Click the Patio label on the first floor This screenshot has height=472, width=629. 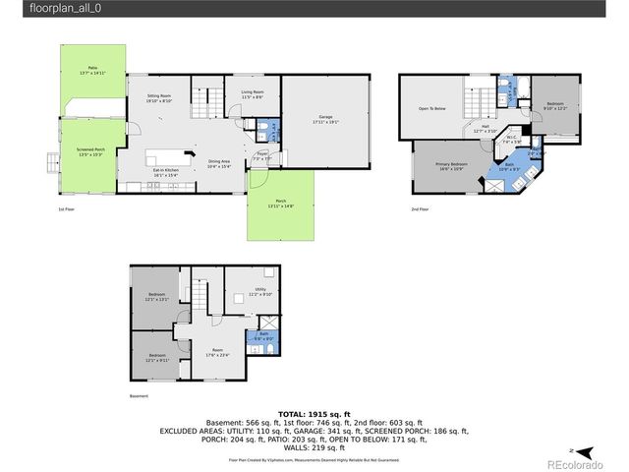tap(90, 70)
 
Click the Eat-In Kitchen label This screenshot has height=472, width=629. tap(164, 172)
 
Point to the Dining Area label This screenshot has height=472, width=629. tap(219, 164)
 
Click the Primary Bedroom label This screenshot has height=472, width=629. tap(452, 166)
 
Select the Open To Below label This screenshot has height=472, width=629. tap(432, 108)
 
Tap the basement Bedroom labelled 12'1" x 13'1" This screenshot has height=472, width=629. tap(157, 297)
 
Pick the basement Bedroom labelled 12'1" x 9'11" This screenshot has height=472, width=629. tap(157, 357)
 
